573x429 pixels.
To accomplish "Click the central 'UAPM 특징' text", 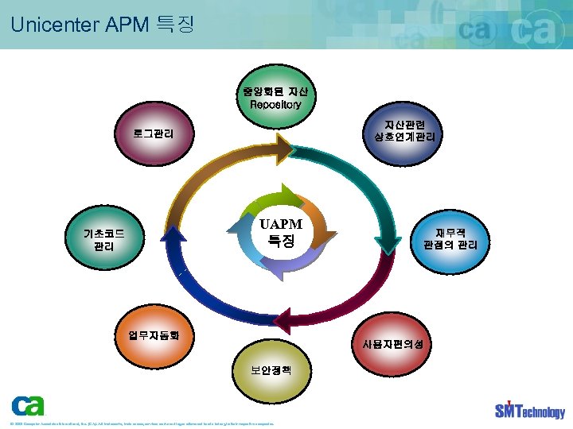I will [281, 231].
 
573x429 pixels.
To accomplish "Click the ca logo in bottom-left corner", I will [29, 406].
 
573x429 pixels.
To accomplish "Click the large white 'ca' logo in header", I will [541, 32].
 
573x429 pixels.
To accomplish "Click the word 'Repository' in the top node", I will [275, 104].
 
